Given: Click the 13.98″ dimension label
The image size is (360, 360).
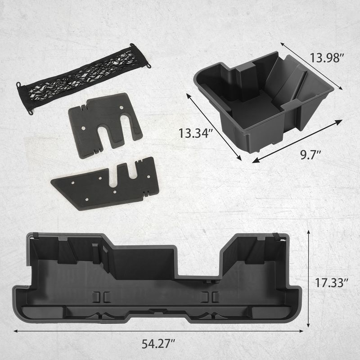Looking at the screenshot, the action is [327, 58].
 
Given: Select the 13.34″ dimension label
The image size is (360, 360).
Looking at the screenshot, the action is [196, 133].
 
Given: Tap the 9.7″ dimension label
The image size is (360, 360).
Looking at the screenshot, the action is [310, 155].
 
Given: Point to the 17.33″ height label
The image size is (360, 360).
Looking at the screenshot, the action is [332, 283].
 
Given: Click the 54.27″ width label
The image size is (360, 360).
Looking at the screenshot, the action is [158, 344].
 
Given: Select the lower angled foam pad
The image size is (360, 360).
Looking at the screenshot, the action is [105, 184].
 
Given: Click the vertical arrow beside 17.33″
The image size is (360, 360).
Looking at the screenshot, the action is [308, 279].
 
